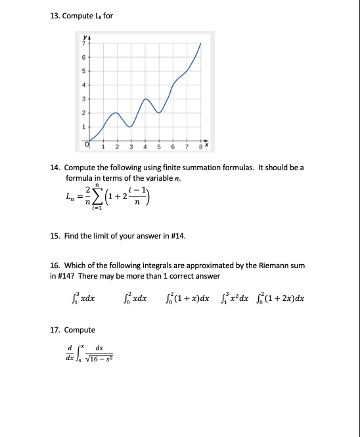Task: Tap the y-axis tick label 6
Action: pyautogui.click(x=83, y=56)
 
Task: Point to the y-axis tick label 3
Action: pyautogui.click(x=83, y=98)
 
